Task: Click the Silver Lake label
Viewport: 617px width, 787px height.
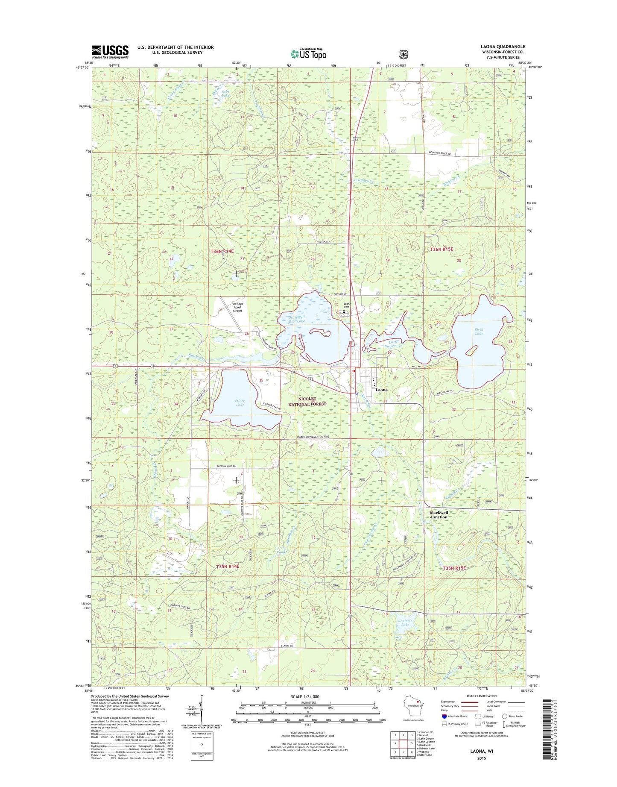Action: click(240, 403)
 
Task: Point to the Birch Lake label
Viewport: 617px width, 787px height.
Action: click(479, 332)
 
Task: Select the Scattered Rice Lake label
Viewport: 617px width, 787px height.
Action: click(296, 319)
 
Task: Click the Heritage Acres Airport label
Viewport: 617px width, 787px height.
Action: click(237, 307)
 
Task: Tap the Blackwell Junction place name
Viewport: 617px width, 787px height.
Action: click(439, 514)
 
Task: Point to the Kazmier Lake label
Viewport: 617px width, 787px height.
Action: click(404, 623)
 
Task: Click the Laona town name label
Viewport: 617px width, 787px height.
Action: click(381, 390)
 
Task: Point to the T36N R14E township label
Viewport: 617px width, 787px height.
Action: click(222, 252)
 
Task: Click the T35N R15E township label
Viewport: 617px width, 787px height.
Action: click(454, 568)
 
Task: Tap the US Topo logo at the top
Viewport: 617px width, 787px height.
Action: click(308, 53)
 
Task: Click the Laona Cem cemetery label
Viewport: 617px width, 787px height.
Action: click(347, 306)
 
